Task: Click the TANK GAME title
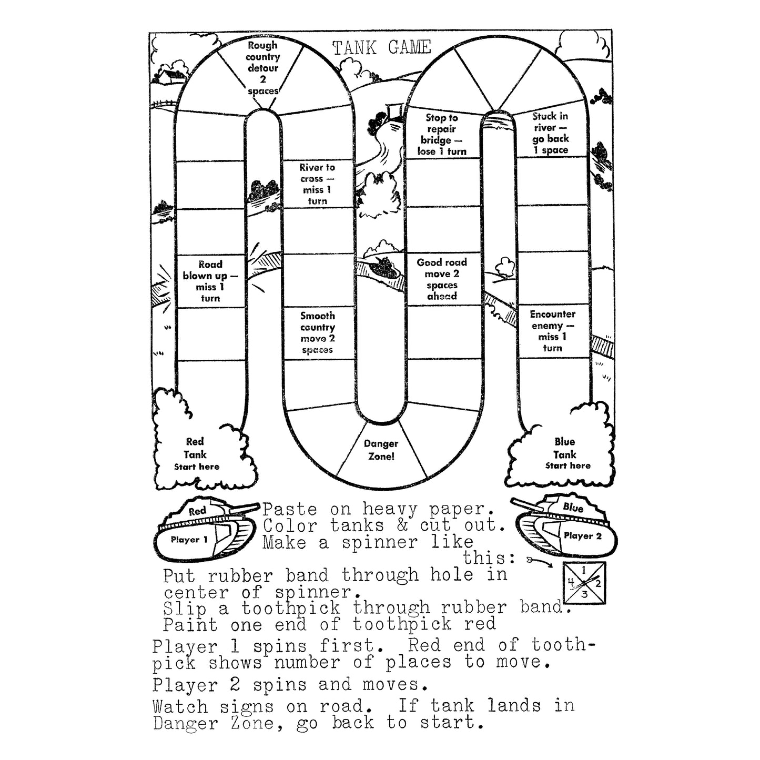[382, 48]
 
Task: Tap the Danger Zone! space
[381, 450]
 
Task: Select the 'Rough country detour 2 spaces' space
[262, 68]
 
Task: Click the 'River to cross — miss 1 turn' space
[317, 184]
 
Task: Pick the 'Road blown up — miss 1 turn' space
[210, 281]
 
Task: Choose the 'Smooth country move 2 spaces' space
[317, 333]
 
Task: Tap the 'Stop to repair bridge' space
[442, 135]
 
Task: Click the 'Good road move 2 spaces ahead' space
[442, 279]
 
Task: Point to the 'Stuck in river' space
[550, 133]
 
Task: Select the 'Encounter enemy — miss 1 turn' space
[552, 331]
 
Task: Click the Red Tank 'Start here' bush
[195, 454]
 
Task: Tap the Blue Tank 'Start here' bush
[565, 453]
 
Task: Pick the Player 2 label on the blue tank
[582, 536]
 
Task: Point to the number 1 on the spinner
[585, 570]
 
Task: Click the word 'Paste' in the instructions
[289, 510]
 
